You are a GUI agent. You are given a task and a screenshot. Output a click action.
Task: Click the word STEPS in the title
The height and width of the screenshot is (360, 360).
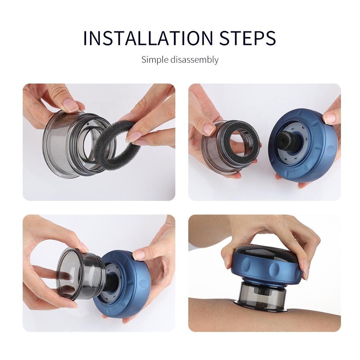click(x=248, y=38)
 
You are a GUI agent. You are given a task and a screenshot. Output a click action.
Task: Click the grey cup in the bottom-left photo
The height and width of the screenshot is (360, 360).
click(x=77, y=274)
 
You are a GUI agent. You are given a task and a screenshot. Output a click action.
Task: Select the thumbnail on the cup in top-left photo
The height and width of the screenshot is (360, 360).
click(x=70, y=105)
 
